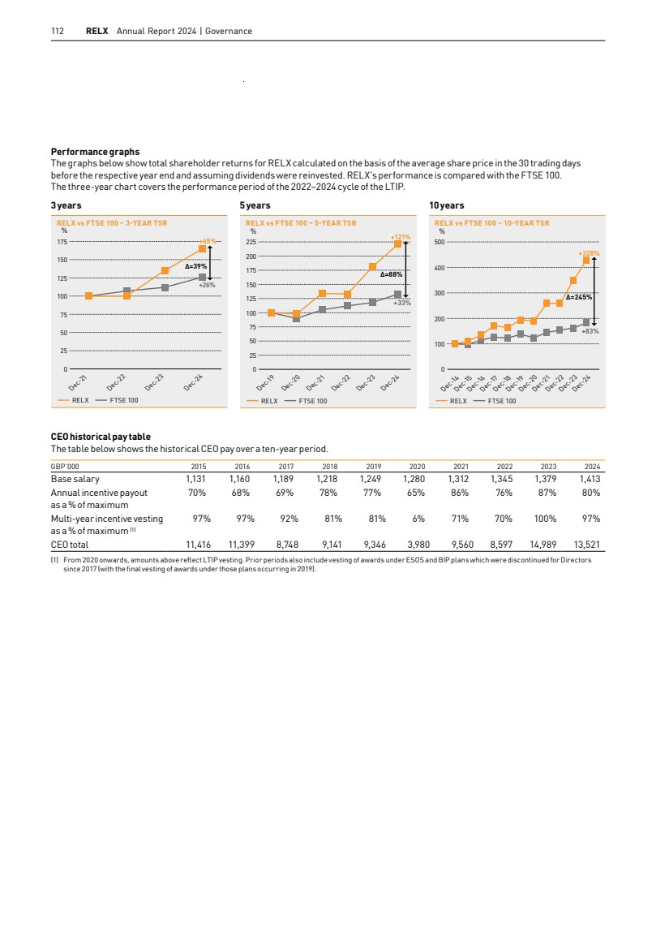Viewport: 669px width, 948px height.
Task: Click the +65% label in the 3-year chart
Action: pos(208,241)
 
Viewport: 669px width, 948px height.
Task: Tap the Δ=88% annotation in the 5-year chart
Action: pos(392,274)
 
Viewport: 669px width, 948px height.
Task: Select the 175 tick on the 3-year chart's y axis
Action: pos(62,242)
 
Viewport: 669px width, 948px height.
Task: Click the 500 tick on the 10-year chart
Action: pos(440,242)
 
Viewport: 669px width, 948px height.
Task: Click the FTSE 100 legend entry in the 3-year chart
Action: pos(123,400)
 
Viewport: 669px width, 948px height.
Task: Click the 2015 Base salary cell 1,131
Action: pos(192,480)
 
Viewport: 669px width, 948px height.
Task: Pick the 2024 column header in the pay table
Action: pos(592,467)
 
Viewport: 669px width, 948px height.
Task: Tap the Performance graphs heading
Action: pos(95,152)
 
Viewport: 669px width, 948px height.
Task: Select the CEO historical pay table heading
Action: pos(101,437)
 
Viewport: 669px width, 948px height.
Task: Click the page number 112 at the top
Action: pos(58,31)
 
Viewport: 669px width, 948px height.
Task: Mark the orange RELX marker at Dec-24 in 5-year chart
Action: pos(397,243)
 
